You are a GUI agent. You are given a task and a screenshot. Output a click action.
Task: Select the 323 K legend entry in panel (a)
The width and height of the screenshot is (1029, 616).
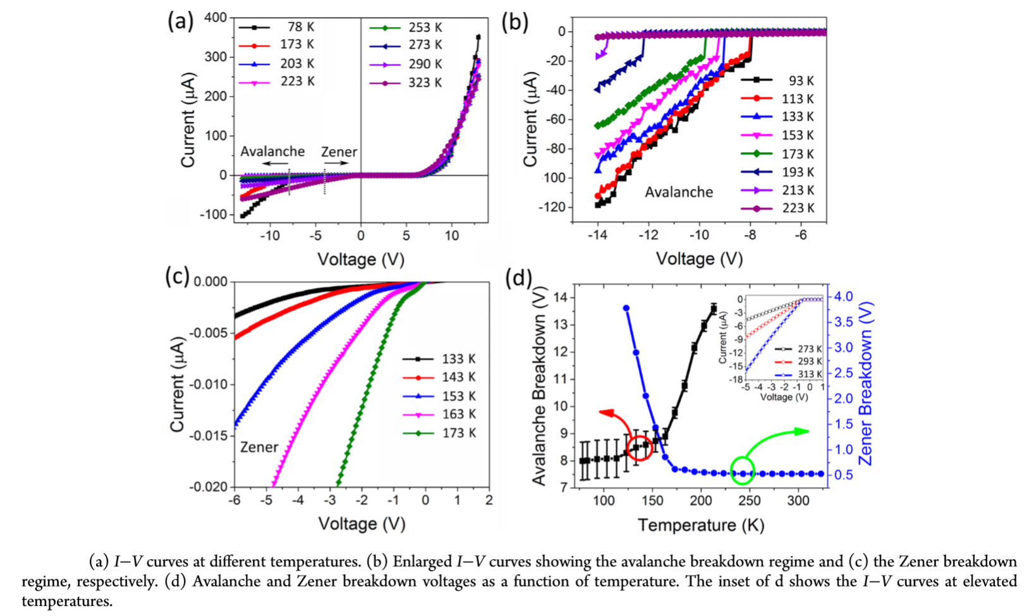coord(405,83)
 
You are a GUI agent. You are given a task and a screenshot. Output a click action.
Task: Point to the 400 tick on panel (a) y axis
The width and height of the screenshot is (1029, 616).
coord(216,18)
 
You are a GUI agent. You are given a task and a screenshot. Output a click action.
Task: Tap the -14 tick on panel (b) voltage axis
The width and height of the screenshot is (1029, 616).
coord(597,235)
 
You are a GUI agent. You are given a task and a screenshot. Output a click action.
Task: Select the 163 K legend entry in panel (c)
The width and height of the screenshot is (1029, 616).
coord(439,414)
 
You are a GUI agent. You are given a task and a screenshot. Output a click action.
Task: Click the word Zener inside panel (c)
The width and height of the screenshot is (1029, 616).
coord(259,447)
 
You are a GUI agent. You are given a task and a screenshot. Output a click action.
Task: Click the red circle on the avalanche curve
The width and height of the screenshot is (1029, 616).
coord(640,447)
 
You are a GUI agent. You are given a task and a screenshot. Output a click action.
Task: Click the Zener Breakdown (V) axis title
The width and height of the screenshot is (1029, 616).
coord(865,384)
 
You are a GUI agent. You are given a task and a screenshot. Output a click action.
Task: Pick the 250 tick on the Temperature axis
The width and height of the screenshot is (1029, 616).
coord(750,501)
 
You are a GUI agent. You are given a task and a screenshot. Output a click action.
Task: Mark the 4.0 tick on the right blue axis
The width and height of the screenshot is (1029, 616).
coord(843,296)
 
